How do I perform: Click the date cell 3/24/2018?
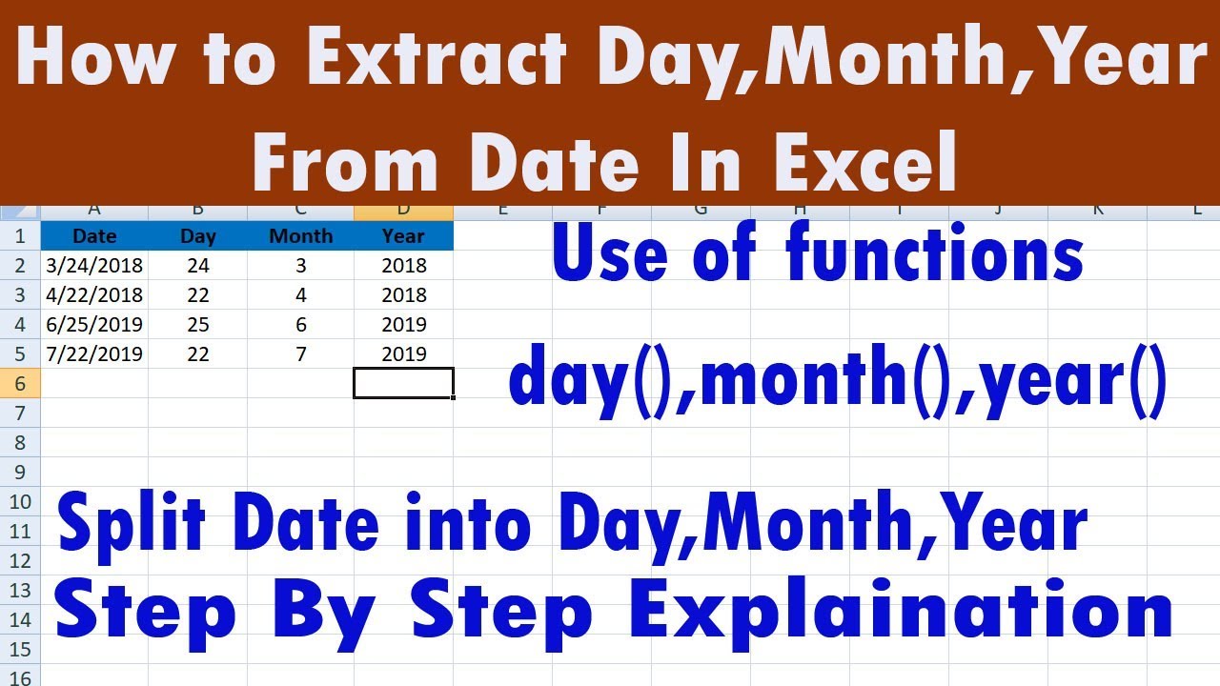pos(94,266)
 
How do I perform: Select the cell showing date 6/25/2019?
pos(94,325)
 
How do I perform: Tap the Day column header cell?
pos(198,236)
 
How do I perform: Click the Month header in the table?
pos(300,236)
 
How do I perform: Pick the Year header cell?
pos(403,236)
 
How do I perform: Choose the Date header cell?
pos(94,236)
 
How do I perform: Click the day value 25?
pos(198,325)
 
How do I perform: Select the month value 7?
pos(300,354)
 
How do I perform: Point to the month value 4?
pos(300,295)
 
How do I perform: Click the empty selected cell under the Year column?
pos(403,383)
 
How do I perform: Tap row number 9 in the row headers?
pos(21,472)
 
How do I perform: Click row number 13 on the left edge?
pos(21,590)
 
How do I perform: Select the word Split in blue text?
pos(133,526)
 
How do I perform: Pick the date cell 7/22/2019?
pos(94,354)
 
